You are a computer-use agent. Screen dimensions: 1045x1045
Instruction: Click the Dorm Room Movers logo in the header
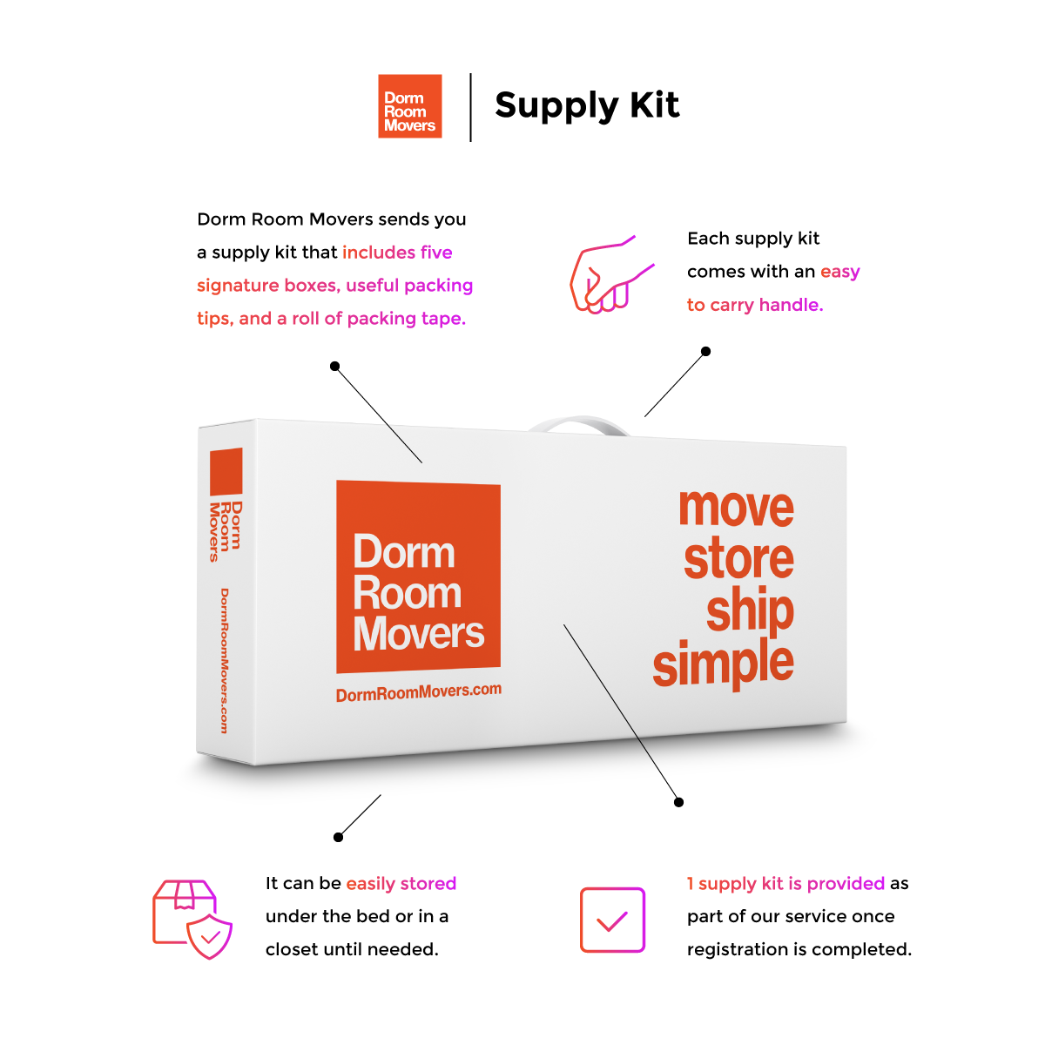click(x=410, y=106)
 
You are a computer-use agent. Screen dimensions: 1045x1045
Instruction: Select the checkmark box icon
click(x=612, y=920)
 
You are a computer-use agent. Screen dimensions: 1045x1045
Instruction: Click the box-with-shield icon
click(x=192, y=919)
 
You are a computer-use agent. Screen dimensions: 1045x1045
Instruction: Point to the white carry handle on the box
click(x=578, y=426)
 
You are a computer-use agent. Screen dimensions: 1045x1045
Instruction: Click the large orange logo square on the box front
click(x=418, y=576)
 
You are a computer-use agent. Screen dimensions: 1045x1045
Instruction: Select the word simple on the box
click(x=723, y=664)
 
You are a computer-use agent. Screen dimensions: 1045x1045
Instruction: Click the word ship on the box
click(x=750, y=611)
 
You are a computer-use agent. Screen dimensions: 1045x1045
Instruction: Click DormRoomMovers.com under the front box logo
click(x=419, y=692)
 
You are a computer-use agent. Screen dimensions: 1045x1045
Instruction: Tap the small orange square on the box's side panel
click(x=226, y=471)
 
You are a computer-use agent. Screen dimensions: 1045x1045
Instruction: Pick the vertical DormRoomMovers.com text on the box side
click(x=224, y=660)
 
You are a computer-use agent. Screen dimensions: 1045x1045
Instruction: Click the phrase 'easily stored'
click(x=401, y=884)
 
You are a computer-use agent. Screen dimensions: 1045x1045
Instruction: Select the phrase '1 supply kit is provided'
click(x=785, y=884)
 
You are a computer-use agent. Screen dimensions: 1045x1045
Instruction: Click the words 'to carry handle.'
click(x=755, y=305)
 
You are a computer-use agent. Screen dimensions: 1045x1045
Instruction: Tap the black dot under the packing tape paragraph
click(x=334, y=367)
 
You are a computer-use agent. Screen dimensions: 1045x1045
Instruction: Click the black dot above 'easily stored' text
click(x=338, y=838)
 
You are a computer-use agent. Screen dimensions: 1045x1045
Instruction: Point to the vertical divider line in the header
click(x=470, y=107)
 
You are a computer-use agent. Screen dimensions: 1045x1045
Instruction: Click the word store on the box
click(x=738, y=559)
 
